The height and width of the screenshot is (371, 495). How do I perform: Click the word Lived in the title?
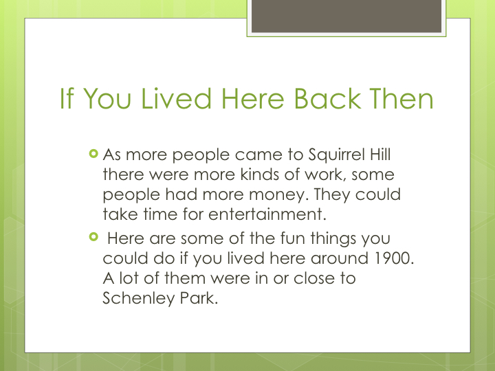tap(177, 99)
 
